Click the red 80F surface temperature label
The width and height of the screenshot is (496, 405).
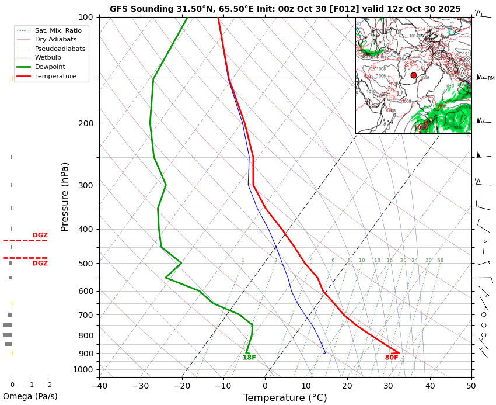tap(392, 358)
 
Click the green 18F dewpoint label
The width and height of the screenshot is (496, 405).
tap(249, 358)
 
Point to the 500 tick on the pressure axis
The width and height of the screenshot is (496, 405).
tap(85, 264)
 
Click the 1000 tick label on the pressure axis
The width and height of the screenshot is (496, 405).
tap(83, 369)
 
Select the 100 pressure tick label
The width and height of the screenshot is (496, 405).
tap(85, 18)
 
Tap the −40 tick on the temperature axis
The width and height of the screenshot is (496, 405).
tap(99, 385)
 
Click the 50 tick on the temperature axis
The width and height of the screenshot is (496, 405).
tap(471, 385)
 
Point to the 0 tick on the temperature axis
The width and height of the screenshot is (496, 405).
tap(265, 385)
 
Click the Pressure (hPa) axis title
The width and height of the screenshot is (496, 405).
tap(65, 196)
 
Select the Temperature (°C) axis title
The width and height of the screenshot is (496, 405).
tap(285, 398)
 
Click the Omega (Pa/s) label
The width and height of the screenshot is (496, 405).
tap(30, 396)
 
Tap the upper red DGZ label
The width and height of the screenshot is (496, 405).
tap(40, 236)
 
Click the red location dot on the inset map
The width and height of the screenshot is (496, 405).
tap(414, 75)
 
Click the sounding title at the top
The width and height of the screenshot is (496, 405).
tap(285, 9)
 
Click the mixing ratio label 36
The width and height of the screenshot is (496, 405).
tap(440, 261)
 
